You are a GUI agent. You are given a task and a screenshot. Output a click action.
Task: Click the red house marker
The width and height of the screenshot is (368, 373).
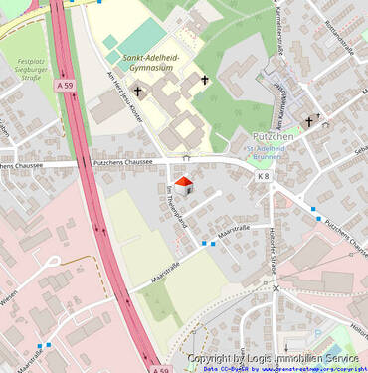point(183,184)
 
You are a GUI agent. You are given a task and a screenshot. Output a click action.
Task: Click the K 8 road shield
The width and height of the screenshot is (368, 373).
point(263,176)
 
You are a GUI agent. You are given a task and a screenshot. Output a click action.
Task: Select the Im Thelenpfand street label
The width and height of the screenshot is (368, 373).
point(180,207)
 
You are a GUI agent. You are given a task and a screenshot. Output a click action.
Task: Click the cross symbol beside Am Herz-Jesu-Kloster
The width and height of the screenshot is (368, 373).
point(138,93)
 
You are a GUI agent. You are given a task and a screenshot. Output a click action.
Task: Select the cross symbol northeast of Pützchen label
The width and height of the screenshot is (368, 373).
point(309,121)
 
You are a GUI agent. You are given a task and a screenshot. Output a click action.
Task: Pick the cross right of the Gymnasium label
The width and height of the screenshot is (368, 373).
point(205,79)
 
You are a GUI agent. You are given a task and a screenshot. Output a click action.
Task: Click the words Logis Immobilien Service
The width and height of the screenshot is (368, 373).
point(302,358)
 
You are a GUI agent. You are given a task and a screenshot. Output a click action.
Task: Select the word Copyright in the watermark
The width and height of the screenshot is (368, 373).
point(216,358)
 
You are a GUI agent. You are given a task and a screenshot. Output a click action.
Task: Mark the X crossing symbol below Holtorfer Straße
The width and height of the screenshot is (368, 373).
point(276,288)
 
